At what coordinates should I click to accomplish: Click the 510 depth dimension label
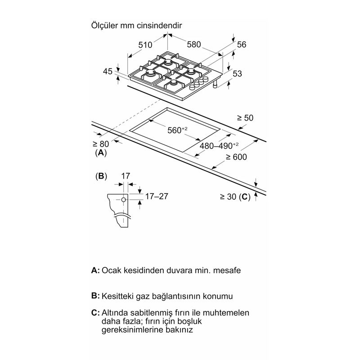(x=145, y=45)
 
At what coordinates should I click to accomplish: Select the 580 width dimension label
(x=194, y=44)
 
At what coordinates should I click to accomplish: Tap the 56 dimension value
(x=242, y=45)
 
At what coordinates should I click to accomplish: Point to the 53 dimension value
(x=237, y=73)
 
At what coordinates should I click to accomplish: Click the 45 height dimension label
(x=108, y=72)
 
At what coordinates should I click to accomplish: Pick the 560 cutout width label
(x=177, y=130)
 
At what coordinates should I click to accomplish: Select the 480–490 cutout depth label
(x=219, y=146)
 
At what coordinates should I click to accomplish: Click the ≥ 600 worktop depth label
(x=236, y=157)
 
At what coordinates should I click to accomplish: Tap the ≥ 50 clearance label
(x=245, y=118)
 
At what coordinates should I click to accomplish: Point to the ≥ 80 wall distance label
(x=100, y=144)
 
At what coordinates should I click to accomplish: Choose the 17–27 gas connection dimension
(x=157, y=196)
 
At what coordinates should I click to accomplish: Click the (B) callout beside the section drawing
(x=101, y=176)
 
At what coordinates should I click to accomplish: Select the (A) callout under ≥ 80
(x=101, y=153)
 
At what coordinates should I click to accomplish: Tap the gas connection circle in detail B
(x=123, y=200)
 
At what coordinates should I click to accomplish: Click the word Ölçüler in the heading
(x=104, y=25)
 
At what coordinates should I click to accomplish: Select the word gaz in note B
(x=143, y=297)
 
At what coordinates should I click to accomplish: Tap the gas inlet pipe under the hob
(x=216, y=84)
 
